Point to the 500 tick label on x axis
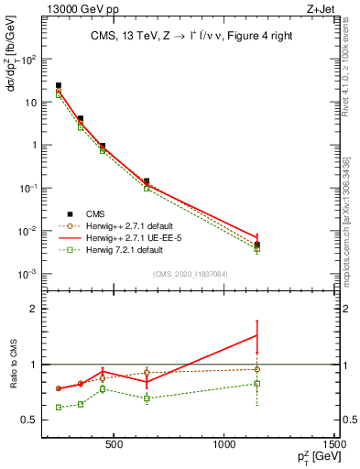coord(115,443)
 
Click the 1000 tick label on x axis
coord(224,443)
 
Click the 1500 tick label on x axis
coord(334,443)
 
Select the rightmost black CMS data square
coord(257,245)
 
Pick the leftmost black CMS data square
coord(59,85)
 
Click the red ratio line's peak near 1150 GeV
coord(257,335)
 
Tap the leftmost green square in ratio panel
coord(59,407)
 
